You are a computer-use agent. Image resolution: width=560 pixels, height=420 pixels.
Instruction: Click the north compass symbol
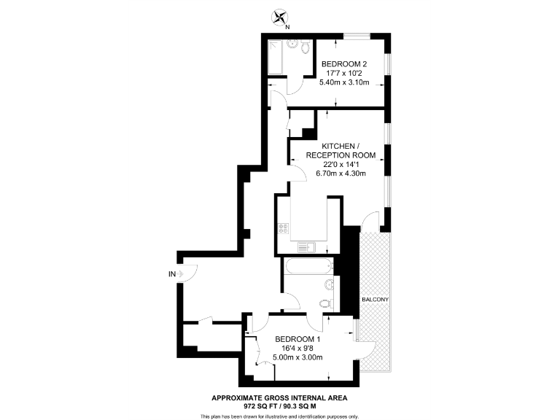tap(280, 17)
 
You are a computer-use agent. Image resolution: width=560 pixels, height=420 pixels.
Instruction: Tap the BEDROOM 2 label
tap(344, 64)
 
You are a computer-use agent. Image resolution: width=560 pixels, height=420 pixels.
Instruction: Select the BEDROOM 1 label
tap(297, 339)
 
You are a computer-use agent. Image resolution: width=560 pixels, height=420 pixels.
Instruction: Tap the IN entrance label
tap(172, 274)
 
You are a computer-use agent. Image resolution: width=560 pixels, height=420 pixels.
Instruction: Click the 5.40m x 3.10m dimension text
tap(344, 82)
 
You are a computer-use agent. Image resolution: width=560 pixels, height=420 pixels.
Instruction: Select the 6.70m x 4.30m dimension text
tap(341, 174)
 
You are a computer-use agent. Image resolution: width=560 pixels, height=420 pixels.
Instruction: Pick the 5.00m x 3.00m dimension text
tap(297, 357)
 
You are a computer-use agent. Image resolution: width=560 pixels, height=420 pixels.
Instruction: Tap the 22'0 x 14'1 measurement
tap(341, 164)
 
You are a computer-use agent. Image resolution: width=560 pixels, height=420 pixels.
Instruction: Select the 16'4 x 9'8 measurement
tap(297, 349)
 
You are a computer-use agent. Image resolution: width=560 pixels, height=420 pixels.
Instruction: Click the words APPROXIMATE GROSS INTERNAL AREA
tap(279, 397)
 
